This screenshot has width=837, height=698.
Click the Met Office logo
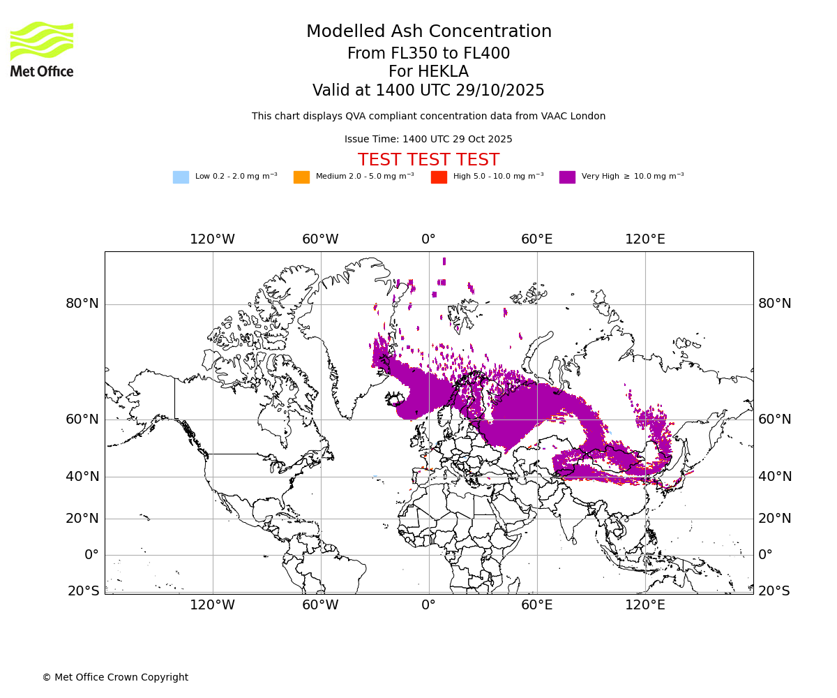42,49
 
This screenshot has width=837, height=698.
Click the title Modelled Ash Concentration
428,32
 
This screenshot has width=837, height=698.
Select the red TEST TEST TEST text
428,161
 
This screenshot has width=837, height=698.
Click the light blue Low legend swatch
181,177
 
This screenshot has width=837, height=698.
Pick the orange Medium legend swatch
301,177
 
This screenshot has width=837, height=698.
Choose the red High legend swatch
439,177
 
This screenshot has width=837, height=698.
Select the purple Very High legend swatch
567,177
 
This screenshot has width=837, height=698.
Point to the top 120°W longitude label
212,239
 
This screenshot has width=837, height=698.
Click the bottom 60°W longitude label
320,605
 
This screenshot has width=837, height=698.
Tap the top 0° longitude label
428,239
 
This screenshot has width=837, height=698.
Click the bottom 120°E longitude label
644,605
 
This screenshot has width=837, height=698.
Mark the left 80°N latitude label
82,304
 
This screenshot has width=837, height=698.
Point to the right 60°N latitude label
775,419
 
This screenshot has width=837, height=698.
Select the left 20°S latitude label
83,591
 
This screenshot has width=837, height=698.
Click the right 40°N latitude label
775,477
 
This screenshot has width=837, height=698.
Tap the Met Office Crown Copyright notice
115,678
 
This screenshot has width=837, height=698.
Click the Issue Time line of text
428,140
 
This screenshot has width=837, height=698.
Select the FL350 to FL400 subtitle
428,54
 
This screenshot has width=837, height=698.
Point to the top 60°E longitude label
536,239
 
